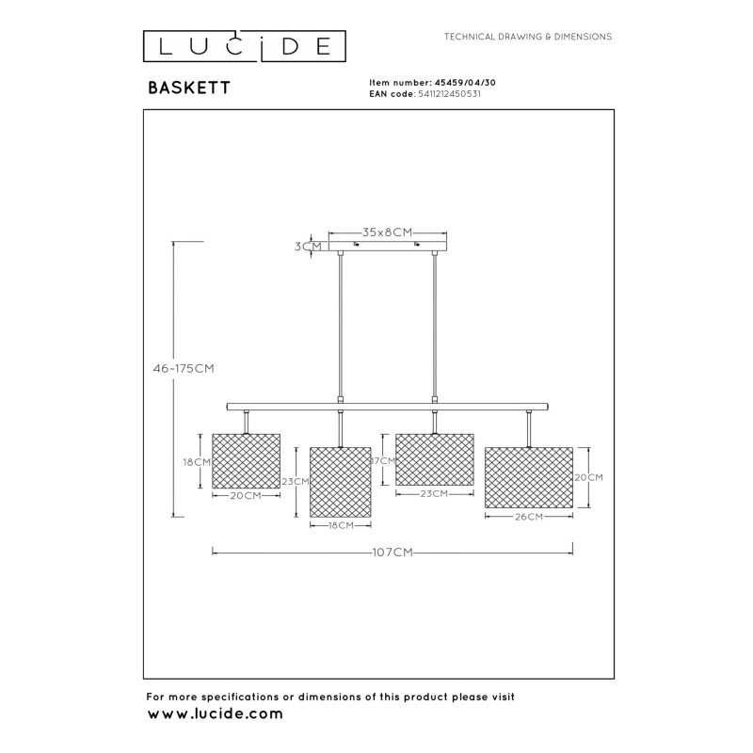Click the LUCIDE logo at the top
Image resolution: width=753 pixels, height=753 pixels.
244,45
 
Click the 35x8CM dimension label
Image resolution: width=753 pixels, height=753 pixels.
388,232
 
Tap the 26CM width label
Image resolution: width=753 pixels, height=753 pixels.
528,517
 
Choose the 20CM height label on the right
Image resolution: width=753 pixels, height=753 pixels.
588,477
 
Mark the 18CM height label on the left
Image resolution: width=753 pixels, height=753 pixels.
196,462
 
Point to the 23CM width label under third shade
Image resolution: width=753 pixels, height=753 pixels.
434,494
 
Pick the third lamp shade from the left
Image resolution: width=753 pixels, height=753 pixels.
434,458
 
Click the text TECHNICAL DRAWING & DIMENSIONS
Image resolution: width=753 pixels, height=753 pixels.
528,37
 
